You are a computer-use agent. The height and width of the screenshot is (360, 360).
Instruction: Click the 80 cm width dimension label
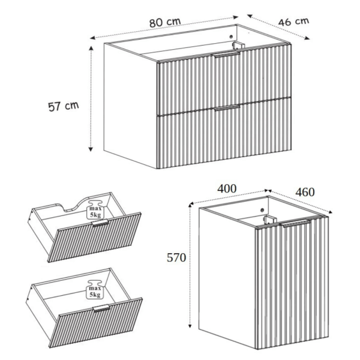[165, 22]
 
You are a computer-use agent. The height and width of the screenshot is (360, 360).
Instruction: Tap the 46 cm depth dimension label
[293, 22]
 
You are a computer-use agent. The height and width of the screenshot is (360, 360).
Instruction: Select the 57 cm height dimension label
[64, 106]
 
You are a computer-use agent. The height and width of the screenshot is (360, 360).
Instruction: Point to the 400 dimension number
[227, 189]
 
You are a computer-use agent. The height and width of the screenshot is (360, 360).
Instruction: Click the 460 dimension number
[305, 192]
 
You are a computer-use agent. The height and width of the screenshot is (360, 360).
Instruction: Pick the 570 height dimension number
[176, 257]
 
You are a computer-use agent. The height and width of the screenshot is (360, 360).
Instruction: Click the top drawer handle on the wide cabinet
[226, 54]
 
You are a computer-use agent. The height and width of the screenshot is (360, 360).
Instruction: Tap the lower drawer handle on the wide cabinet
[227, 108]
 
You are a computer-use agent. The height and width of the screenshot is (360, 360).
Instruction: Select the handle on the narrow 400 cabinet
[296, 223]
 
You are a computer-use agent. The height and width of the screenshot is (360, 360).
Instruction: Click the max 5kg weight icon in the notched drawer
[95, 210]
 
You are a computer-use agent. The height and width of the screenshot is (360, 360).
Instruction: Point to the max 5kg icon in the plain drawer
[95, 290]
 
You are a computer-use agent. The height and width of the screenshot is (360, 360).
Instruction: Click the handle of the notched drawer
[100, 223]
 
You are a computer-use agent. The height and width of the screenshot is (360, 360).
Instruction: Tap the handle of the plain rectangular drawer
[101, 308]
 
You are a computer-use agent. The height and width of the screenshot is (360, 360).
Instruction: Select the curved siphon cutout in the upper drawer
[76, 206]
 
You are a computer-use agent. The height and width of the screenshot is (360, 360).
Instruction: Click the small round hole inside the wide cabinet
[231, 37]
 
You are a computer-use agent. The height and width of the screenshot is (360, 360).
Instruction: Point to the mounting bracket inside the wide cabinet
[238, 45]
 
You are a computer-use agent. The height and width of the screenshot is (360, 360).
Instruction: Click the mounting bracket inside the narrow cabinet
[269, 220]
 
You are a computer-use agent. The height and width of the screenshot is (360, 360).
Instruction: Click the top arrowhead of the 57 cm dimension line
[91, 48]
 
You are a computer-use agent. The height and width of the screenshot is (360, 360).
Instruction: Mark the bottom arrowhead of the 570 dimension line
[190, 325]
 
